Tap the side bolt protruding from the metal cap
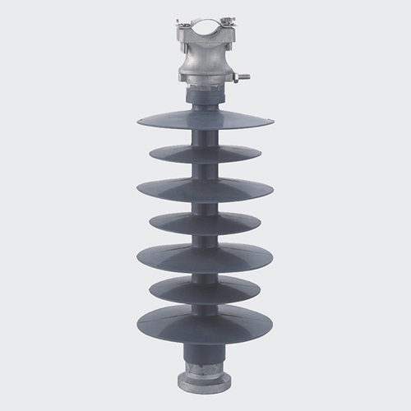[239, 79]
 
